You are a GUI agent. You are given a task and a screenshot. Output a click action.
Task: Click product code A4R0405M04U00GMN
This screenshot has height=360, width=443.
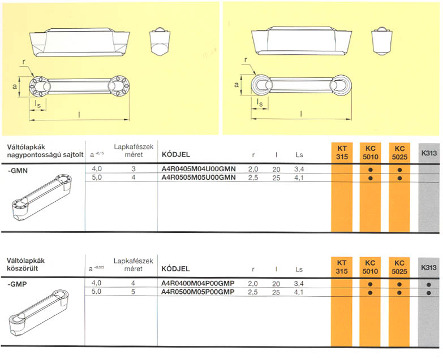pos(199,169)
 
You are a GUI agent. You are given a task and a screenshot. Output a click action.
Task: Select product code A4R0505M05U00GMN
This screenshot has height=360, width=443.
pos(199,177)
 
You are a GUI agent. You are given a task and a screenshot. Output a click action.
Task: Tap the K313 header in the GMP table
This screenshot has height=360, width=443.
pos(428,267)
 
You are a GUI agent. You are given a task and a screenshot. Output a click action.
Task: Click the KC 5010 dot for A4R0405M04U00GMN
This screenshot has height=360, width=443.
pos(370,170)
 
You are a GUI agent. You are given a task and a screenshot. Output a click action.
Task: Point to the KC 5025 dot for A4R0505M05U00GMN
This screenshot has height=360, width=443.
pos(399,178)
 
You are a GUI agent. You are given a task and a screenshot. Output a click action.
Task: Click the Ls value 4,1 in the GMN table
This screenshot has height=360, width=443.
pos(299,177)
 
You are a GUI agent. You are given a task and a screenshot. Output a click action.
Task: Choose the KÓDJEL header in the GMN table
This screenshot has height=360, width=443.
pos(176,154)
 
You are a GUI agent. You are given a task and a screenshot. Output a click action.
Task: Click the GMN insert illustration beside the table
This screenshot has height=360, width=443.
pos(42,198)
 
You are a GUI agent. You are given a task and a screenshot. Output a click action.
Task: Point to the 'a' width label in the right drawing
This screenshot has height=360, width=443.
pos(237,84)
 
